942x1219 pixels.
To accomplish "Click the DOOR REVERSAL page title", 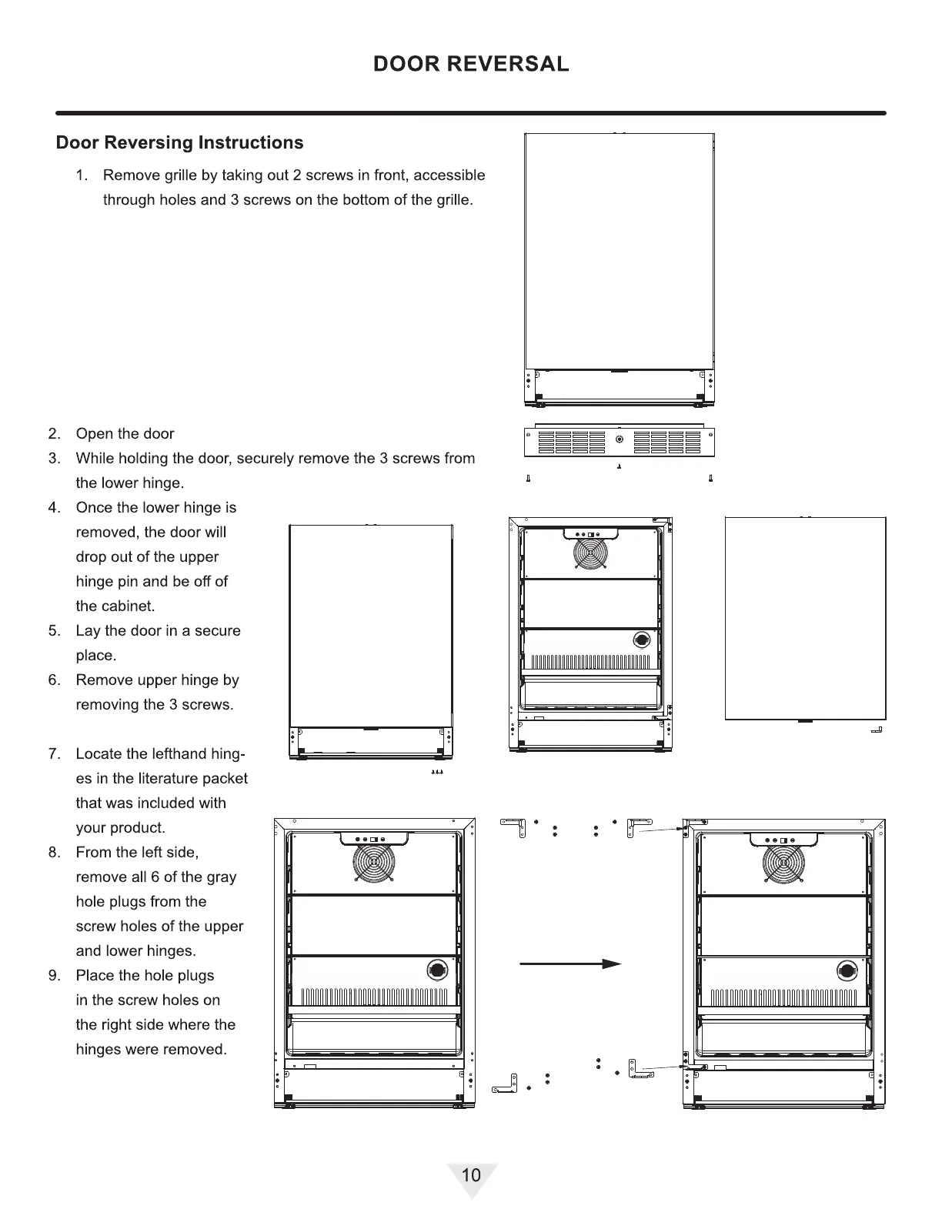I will pyautogui.click(x=471, y=64).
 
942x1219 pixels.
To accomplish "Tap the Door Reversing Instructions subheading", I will pyautogui.click(x=180, y=143).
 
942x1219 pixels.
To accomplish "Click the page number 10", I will pyautogui.click(x=471, y=1175).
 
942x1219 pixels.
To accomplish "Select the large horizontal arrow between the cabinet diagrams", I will pyautogui.click(x=570, y=964).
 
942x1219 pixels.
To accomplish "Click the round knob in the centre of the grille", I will pyautogui.click(x=620, y=440).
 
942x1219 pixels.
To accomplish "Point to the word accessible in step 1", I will pyautogui.click(x=449, y=175).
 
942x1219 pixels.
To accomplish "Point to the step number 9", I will pyautogui.click(x=54, y=976).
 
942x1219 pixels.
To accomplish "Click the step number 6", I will pyautogui.click(x=54, y=680).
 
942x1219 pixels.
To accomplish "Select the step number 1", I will pyautogui.click(x=82, y=175).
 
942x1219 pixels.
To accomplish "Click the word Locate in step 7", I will pyautogui.click(x=99, y=754).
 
